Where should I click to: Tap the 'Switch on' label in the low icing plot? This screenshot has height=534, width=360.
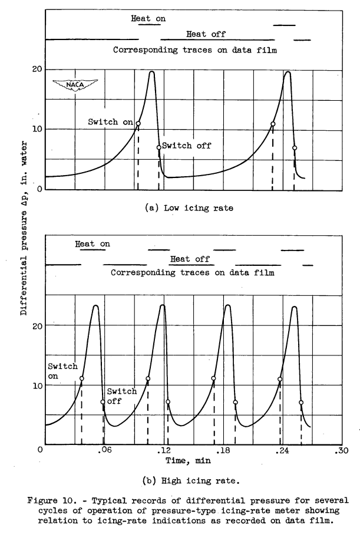[111, 122]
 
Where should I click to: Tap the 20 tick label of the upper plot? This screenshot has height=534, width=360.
[36, 70]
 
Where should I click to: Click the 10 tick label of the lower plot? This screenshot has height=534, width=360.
[36, 385]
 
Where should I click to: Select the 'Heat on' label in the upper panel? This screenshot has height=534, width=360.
[148, 18]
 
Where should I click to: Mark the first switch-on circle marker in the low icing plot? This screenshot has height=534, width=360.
[138, 124]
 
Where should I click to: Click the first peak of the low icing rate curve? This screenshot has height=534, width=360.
[152, 72]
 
